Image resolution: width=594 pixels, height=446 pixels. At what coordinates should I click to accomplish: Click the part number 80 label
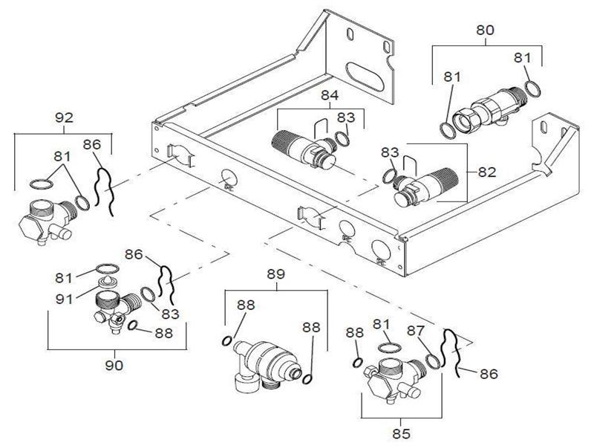coord(485,30)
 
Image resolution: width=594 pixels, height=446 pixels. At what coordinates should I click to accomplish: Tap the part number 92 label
coord(64,118)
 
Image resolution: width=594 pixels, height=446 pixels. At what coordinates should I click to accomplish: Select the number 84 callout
coord(330,95)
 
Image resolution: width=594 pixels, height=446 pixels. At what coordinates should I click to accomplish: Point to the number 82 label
coord(487,172)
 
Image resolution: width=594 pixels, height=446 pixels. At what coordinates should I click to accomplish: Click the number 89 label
coord(275,274)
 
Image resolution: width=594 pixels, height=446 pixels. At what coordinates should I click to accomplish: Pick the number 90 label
coord(114,366)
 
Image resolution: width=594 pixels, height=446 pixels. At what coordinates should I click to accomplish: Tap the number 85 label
coord(401,433)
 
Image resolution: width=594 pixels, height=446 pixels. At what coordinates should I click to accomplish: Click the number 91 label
coord(64,300)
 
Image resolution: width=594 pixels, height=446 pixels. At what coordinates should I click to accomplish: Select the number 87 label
coord(416,331)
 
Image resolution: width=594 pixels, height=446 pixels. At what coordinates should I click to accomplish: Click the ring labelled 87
coord(433,361)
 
